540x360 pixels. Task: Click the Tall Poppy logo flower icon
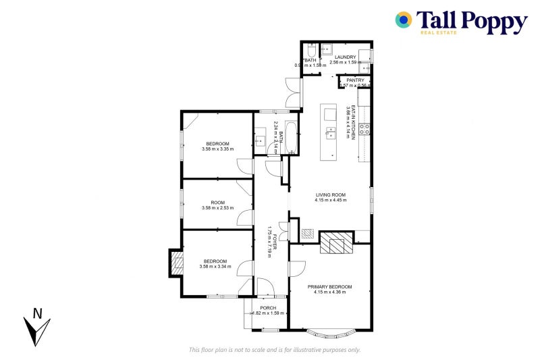click(x=404, y=20)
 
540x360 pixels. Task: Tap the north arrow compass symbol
click(x=38, y=326)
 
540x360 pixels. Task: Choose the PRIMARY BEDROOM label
click(x=330, y=287)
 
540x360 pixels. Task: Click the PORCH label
click(x=268, y=308)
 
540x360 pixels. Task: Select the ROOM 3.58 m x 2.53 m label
click(x=217, y=203)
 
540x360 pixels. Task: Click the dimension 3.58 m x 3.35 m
click(x=217, y=149)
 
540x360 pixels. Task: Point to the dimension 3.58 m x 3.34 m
click(x=215, y=267)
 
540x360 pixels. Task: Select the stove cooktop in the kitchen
click(x=364, y=129)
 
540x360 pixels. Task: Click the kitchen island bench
click(x=330, y=132)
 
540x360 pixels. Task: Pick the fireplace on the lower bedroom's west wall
click(x=176, y=263)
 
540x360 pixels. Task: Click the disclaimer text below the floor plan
click(x=275, y=350)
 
